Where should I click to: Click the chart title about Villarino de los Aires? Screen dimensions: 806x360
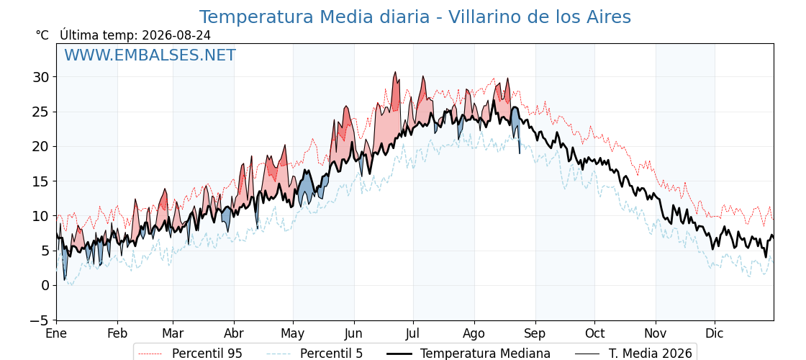point(415,17)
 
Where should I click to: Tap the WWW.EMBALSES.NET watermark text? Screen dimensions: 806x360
point(150,55)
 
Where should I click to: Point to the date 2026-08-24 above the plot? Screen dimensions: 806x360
point(176,35)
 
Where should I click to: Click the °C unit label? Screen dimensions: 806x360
point(42,35)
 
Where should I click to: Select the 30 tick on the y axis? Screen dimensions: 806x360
point(41,77)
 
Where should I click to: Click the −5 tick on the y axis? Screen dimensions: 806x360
point(39,320)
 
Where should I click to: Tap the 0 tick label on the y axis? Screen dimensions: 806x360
point(45,285)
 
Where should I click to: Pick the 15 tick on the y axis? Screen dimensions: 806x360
point(41,181)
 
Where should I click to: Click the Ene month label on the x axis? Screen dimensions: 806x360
point(56,334)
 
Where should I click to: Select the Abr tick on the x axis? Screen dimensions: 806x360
point(235,334)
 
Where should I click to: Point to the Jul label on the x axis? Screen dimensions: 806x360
point(413,334)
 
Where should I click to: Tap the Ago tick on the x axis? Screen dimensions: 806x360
point(474,334)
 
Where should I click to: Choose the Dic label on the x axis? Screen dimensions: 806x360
point(715,334)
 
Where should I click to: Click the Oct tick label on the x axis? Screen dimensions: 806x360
point(594,334)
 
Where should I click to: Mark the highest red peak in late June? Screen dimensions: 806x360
point(395,72)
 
